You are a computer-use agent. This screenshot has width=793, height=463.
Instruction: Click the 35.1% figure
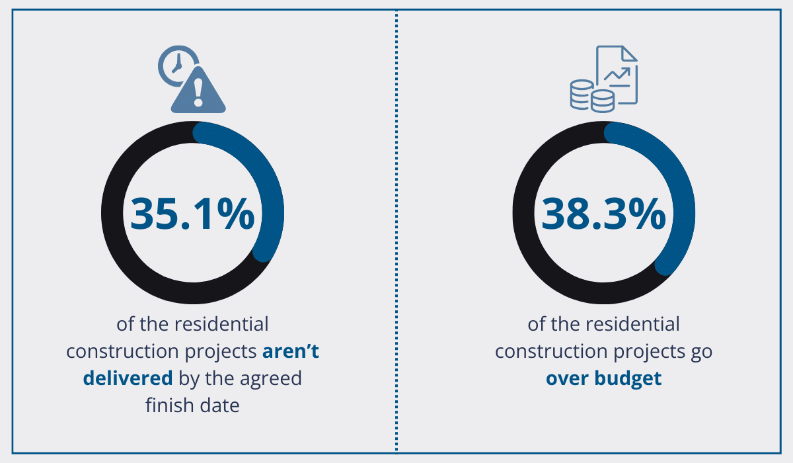(192, 212)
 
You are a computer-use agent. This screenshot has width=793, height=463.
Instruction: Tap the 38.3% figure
(603, 212)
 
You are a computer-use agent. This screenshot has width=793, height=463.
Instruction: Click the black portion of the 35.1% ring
(116, 218)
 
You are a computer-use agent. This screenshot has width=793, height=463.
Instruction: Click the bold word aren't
(291, 351)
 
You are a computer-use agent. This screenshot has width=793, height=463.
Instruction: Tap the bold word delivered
(128, 378)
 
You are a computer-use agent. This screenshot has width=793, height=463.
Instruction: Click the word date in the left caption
(218, 405)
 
